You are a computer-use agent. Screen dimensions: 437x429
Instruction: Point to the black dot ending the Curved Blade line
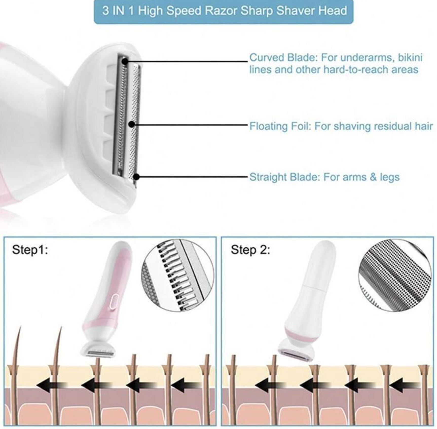[125, 61]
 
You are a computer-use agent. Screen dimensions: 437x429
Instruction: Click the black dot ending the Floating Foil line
[131, 124]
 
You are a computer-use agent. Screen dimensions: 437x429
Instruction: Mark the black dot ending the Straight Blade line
[136, 177]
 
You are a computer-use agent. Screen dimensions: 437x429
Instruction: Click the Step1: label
[30, 250]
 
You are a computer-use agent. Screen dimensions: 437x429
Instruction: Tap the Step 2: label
[250, 250]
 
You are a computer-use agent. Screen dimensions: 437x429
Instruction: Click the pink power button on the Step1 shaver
[113, 301]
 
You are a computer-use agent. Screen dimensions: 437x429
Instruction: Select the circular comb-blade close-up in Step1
[177, 275]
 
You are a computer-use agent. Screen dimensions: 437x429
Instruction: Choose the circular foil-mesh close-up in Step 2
[395, 275]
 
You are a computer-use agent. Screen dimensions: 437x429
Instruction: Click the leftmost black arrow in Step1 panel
[52, 385]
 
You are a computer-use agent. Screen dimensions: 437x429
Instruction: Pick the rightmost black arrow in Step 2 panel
[405, 385]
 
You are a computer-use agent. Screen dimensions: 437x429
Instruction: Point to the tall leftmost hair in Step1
[16, 375]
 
